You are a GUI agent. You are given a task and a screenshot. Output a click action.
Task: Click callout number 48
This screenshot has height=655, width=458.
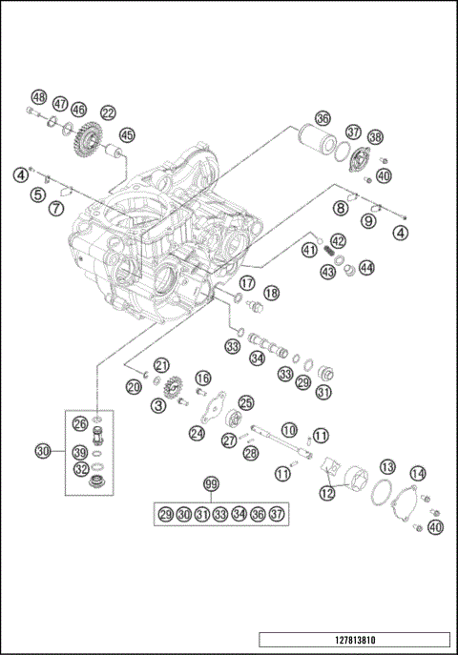tap(38, 97)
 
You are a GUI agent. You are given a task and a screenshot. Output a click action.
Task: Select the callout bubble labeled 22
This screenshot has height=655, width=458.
tap(108, 113)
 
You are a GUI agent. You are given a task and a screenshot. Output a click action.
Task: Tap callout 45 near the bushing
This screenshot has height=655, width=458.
tap(127, 135)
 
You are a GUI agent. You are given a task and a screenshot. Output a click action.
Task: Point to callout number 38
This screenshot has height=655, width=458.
tap(375, 137)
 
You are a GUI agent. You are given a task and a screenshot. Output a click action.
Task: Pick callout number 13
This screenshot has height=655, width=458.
tap(387, 466)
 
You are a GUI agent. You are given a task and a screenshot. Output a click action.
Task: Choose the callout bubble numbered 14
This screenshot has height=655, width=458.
tap(418, 473)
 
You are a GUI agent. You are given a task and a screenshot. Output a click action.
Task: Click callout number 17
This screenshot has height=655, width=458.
tap(246, 282)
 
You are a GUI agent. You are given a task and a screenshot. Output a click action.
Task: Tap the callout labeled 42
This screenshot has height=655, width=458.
tap(338, 241)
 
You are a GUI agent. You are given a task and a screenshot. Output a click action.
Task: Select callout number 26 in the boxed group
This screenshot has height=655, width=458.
tap(80, 423)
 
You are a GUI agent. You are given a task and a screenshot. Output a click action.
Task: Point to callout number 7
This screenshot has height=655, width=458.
tap(56, 208)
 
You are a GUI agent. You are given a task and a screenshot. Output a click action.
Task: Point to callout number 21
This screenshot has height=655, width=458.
tap(161, 366)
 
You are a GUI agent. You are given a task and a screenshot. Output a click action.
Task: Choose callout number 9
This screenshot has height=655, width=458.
tap(368, 220)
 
